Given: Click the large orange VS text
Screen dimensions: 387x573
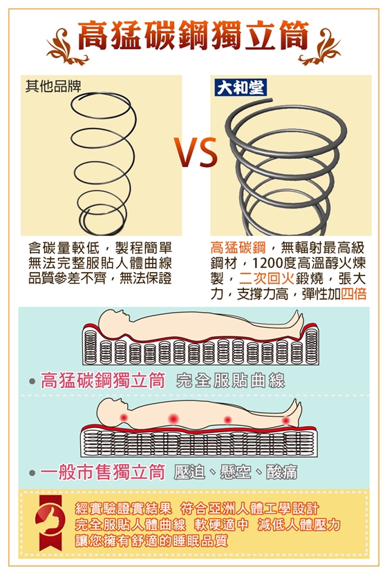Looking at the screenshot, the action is pyautogui.click(x=196, y=153).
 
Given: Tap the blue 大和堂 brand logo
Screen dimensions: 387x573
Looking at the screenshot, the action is pyautogui.click(x=240, y=88).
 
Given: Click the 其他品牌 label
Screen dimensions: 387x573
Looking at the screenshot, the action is pyautogui.click(x=53, y=86).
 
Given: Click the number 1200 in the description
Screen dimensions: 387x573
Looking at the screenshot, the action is pyautogui.click(x=266, y=264).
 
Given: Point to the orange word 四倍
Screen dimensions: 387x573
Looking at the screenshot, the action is pyautogui.click(x=354, y=293).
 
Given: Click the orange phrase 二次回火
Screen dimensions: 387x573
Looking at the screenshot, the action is pyautogui.click(x=266, y=278).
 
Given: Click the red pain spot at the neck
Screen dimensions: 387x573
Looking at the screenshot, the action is pyautogui.click(x=124, y=416).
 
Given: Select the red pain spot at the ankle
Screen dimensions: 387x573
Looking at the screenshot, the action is pyautogui.click(x=286, y=420).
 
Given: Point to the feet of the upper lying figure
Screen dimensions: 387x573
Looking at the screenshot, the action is pyautogui.click(x=296, y=320).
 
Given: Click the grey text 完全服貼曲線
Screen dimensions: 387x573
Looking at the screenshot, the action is pyautogui.click(x=230, y=381).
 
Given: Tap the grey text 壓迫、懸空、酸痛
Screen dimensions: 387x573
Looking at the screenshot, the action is pyautogui.click(x=236, y=472).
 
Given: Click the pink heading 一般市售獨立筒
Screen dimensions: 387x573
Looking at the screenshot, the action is pyautogui.click(x=103, y=472).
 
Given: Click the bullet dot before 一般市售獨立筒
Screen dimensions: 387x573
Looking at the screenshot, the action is pyautogui.click(x=32, y=473).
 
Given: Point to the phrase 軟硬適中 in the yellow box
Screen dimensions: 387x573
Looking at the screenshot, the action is pyautogui.click(x=221, y=525).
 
